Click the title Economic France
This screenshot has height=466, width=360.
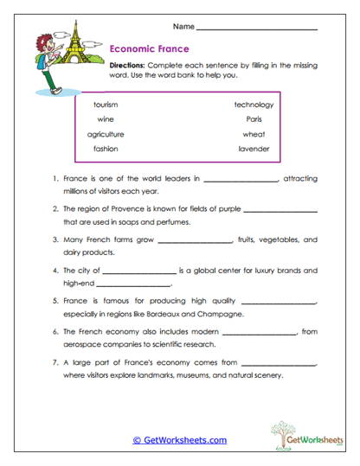click(x=151, y=49)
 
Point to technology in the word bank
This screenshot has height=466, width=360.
click(x=254, y=105)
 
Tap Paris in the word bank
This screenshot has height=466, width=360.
click(x=254, y=119)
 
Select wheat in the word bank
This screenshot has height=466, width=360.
click(x=254, y=134)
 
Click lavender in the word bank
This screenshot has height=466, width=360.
click(x=254, y=149)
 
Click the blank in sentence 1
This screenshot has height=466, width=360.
click(x=240, y=181)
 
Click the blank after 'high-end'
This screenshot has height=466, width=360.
click(x=133, y=284)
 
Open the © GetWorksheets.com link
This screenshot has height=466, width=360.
click(x=179, y=440)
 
